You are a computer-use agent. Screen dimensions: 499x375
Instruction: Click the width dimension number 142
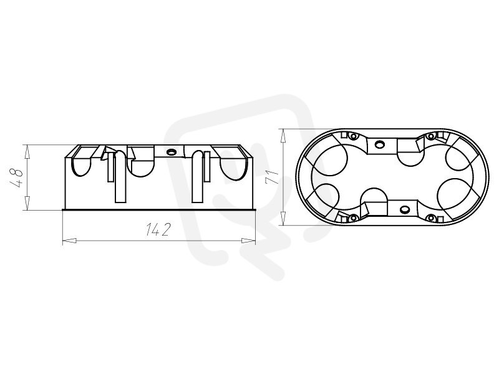(158, 229)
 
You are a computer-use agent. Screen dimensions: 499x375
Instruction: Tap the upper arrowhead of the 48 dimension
(27, 151)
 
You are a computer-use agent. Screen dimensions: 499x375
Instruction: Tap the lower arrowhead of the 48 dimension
(27, 203)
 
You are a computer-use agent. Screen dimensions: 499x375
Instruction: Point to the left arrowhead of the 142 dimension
(69, 241)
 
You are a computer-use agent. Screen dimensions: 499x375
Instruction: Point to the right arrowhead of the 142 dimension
(248, 241)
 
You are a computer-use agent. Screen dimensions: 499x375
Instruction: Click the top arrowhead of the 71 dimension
(283, 136)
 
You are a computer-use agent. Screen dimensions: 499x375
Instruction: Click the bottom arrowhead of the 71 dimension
(283, 217)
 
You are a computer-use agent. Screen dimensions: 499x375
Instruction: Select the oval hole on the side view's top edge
(172, 151)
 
